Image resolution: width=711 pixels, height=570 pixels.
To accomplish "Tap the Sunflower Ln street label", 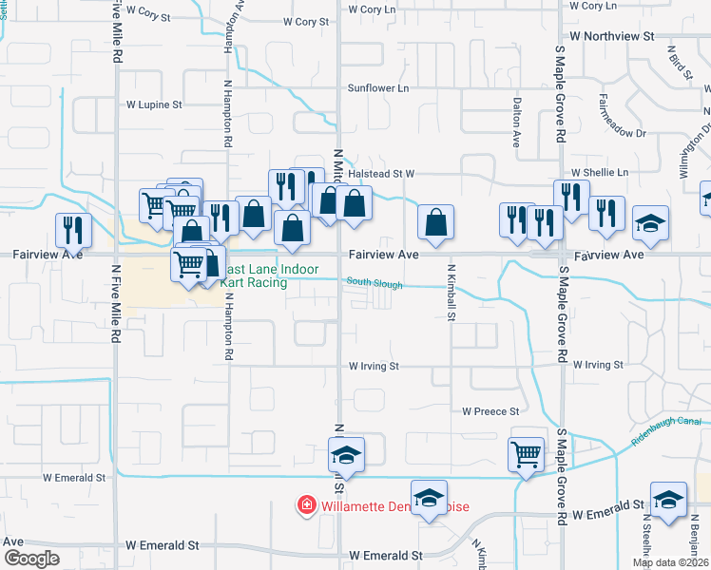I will (377, 88).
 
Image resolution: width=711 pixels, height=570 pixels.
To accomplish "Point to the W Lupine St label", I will (153, 104).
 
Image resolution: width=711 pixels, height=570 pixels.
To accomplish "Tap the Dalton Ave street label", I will (516, 123).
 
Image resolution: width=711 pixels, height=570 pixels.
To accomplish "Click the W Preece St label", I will (490, 411).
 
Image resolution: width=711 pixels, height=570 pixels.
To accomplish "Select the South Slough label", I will (375, 283).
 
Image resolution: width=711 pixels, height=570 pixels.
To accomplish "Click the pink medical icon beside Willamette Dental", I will (306, 503).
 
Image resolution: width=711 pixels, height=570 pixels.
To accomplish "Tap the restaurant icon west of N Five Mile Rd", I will (72, 229).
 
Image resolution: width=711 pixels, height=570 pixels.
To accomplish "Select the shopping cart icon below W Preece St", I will (526, 454).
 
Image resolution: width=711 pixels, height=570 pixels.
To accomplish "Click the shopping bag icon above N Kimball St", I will (435, 222).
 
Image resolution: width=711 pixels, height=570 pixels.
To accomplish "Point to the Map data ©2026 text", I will (671, 562).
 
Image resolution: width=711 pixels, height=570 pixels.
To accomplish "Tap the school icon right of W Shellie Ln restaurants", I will (651, 222).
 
